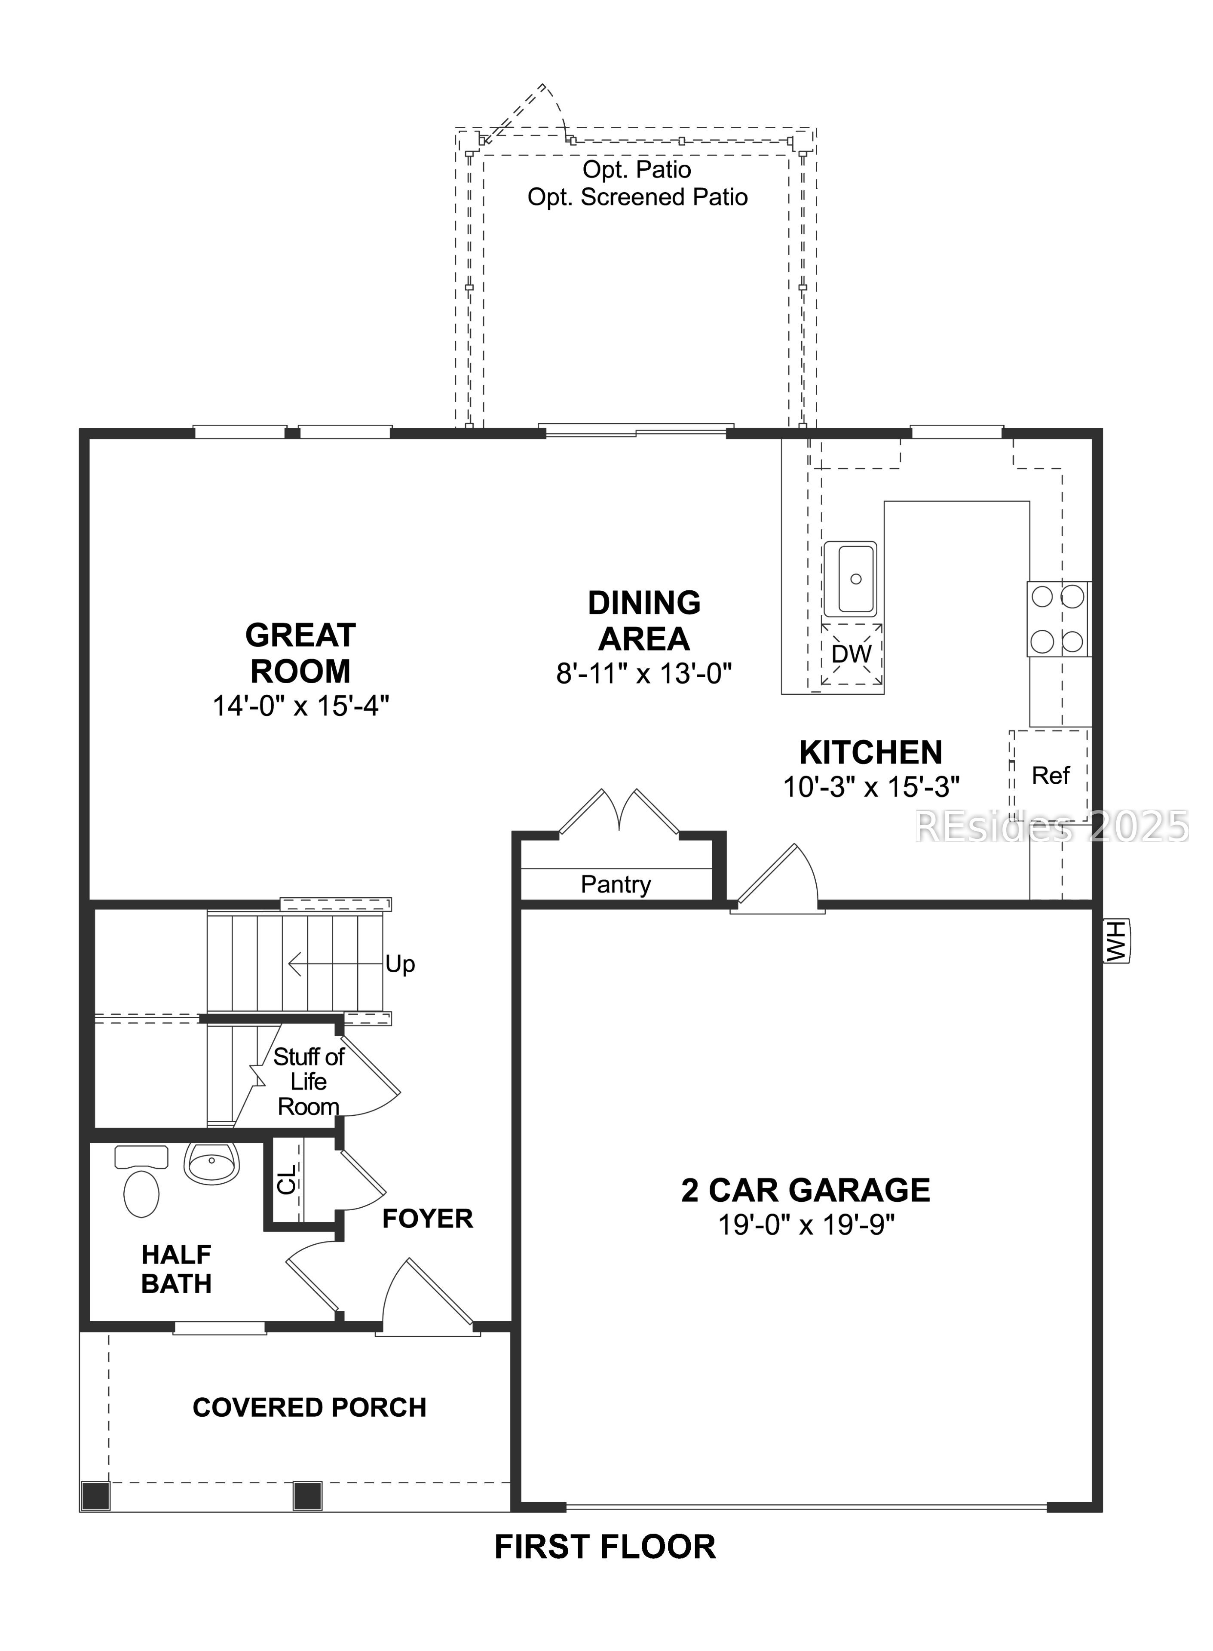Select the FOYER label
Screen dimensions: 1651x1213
pyautogui.click(x=427, y=1219)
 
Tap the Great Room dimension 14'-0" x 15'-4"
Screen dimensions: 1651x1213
pyautogui.click(x=300, y=706)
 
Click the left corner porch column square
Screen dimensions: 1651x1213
pyautogui.click(x=95, y=1496)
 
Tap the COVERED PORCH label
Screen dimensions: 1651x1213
pyautogui.click(x=309, y=1407)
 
